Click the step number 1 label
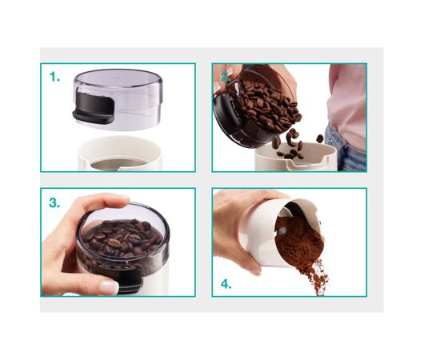click(x=54, y=77)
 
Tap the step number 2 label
click(x=226, y=77)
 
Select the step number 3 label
click(x=54, y=202)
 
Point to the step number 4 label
click(x=226, y=284)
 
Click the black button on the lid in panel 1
click(x=94, y=108)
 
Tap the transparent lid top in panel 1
click(x=118, y=78)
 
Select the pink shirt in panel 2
click(x=347, y=104)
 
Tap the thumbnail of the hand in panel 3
click(x=109, y=287)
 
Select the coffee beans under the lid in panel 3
click(x=122, y=238)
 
